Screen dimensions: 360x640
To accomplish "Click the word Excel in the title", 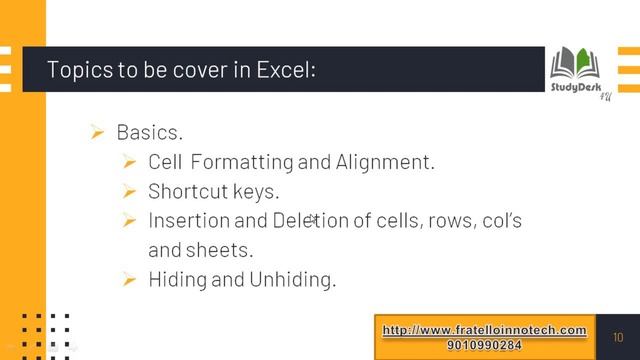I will tap(287, 71).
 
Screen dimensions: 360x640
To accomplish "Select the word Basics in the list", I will tap(149, 132).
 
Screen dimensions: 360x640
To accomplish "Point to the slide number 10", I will tap(618, 336).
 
